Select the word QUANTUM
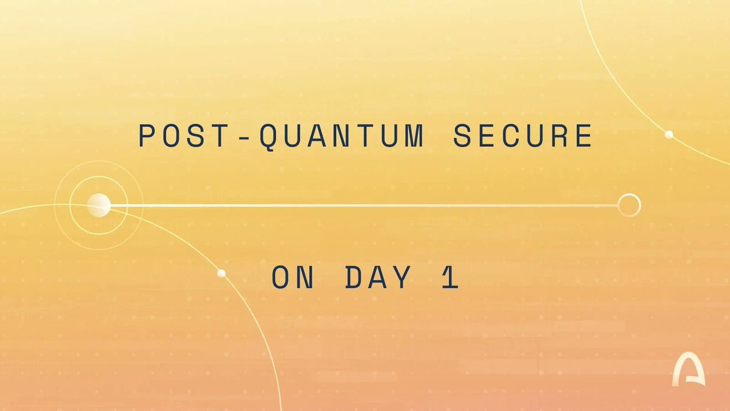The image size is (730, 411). [x=342, y=137]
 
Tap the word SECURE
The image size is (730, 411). [x=523, y=135]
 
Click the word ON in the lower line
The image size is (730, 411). [x=293, y=277]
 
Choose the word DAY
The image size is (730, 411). [x=378, y=277]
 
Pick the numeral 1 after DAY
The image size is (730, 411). [x=451, y=277]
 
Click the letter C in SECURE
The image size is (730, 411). [x=512, y=135]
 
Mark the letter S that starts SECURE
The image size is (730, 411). [x=464, y=135]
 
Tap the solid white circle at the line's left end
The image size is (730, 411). [x=99, y=205]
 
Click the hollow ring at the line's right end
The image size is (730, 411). [x=629, y=205]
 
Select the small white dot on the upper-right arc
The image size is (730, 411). [x=669, y=135]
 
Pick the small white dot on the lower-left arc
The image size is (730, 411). [x=221, y=273]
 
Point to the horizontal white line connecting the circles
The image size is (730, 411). [x=364, y=206]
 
